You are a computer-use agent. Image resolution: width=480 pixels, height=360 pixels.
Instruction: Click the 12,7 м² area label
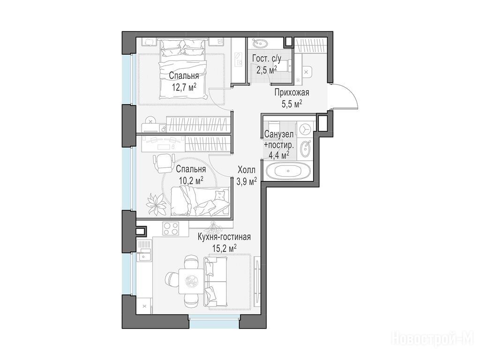(183, 88)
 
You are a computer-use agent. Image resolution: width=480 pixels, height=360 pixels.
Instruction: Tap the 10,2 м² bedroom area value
(191, 180)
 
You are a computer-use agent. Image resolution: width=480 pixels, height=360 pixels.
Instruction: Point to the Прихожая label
(292, 92)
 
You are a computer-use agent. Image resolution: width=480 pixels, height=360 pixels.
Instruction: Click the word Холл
(246, 170)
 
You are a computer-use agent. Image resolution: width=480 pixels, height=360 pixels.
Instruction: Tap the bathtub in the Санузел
(288, 171)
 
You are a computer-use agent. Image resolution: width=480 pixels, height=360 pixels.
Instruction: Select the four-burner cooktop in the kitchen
(171, 229)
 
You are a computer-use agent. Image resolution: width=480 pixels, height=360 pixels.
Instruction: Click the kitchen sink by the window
(143, 255)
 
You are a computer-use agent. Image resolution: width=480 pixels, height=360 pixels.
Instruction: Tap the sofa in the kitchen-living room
(216, 282)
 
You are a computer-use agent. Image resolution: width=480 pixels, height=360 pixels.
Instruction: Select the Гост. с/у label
(266, 58)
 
